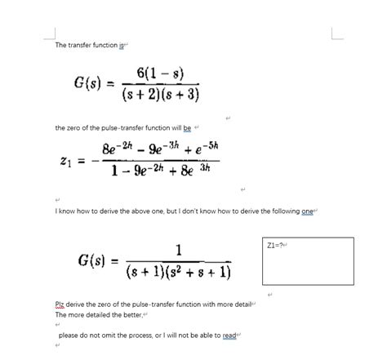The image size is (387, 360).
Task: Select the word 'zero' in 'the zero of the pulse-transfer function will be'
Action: coord(77,128)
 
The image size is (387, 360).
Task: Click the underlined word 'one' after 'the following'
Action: coord(307,211)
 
